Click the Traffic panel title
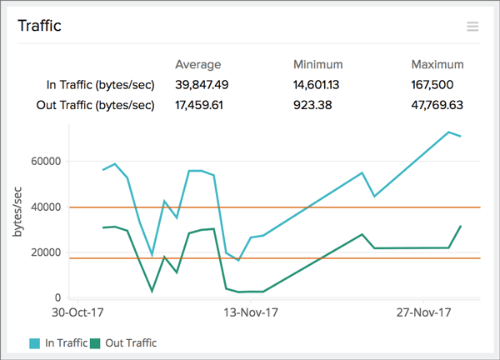click(39, 26)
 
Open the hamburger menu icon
click(472, 27)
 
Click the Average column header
click(197, 64)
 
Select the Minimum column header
click(317, 64)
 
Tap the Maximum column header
click(437, 64)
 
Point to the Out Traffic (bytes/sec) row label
click(97, 105)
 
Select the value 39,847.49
click(201, 84)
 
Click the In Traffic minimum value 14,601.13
click(321, 84)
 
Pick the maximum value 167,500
click(437, 84)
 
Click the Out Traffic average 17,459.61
click(201, 105)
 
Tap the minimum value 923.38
click(314, 105)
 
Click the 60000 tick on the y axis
click(46, 162)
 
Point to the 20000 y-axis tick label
click(46, 252)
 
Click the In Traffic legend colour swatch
click(34, 342)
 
